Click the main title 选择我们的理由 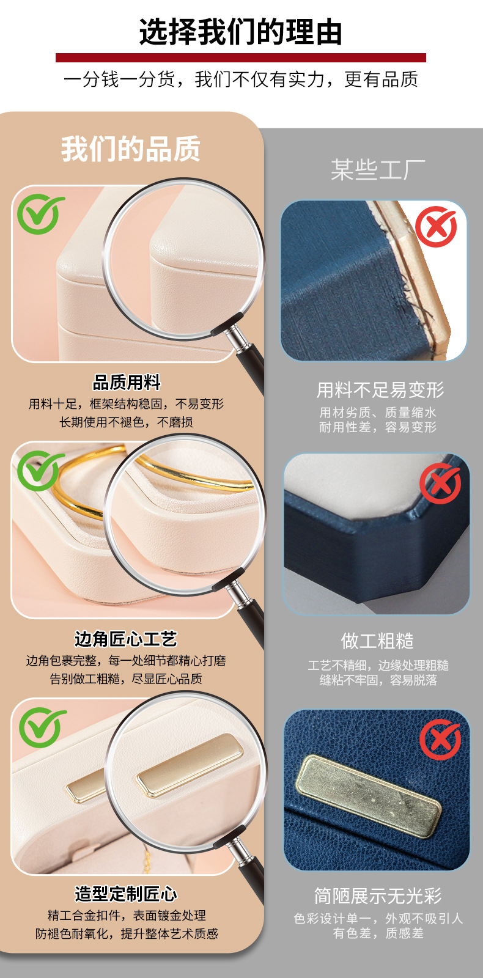[240, 32]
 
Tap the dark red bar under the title [240, 58]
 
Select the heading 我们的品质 [130, 149]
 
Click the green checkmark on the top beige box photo [40, 214]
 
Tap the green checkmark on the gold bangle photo [40, 470]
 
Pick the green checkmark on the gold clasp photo [42, 727]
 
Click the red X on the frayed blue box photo [436, 226]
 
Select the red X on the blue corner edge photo [440, 483]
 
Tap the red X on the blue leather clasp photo [440, 740]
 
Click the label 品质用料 [127, 383]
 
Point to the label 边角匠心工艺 [126, 639]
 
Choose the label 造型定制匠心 [126, 894]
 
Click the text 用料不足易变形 [380, 390]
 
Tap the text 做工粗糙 [377, 641]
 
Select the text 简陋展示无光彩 [378, 896]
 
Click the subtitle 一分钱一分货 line [240, 79]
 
